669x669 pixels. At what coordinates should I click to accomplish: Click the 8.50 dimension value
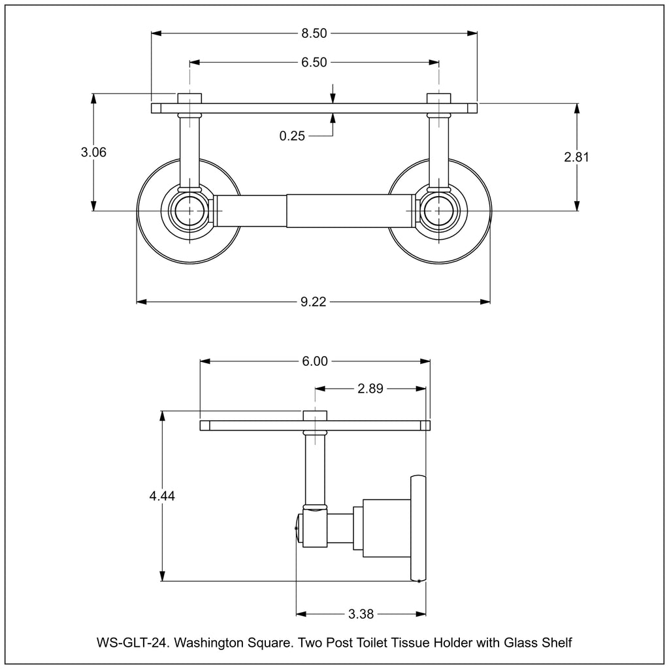(314, 33)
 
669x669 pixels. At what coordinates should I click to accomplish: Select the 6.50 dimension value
(314, 62)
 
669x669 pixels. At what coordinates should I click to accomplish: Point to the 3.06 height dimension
(93, 152)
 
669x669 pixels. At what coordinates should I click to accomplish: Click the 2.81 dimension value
(576, 157)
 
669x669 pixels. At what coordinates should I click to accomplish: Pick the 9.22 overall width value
(314, 301)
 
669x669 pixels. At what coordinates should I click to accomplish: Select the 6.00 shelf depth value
(314, 361)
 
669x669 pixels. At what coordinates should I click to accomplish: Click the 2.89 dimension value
(370, 389)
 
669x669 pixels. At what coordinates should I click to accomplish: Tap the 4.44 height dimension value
(162, 496)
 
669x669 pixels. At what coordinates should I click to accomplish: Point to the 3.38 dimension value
(361, 613)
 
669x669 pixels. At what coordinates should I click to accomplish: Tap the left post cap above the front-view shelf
(189, 98)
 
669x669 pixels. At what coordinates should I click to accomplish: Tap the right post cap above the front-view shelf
(438, 98)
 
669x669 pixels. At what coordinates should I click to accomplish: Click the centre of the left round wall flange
(189, 210)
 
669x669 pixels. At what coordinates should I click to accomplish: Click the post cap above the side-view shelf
(315, 416)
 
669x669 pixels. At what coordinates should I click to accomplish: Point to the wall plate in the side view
(418, 528)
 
